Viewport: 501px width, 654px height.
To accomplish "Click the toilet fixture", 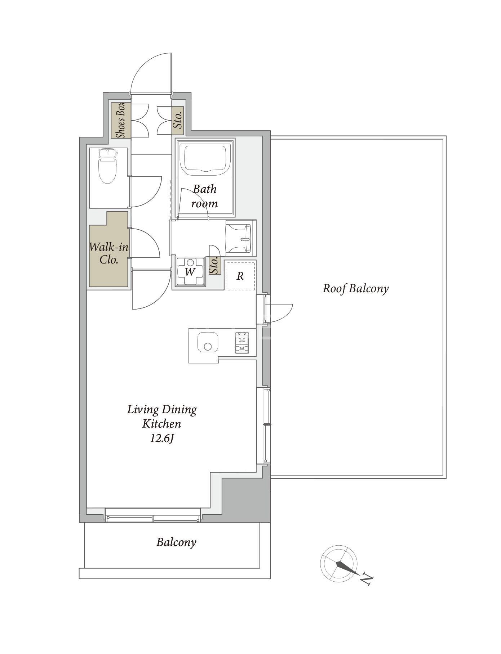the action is tap(108, 166).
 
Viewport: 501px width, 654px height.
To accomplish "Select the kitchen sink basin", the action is tap(207, 343).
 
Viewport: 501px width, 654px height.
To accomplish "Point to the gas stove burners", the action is tap(242, 343).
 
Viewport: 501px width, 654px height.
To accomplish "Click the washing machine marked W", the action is tap(190, 272).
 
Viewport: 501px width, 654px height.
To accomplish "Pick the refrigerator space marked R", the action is tap(240, 276).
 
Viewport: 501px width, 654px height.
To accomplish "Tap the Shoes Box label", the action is tap(120, 121).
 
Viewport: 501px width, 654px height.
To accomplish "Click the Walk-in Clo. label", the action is tap(109, 253).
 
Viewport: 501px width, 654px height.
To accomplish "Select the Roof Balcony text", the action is tap(356, 289).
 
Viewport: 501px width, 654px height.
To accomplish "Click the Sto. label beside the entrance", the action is tap(177, 120).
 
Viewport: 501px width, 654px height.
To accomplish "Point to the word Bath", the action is tap(205, 189).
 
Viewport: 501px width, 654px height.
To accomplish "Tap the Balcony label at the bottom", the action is tap(176, 542).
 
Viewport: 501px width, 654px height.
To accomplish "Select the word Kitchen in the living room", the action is tap(161, 424).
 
